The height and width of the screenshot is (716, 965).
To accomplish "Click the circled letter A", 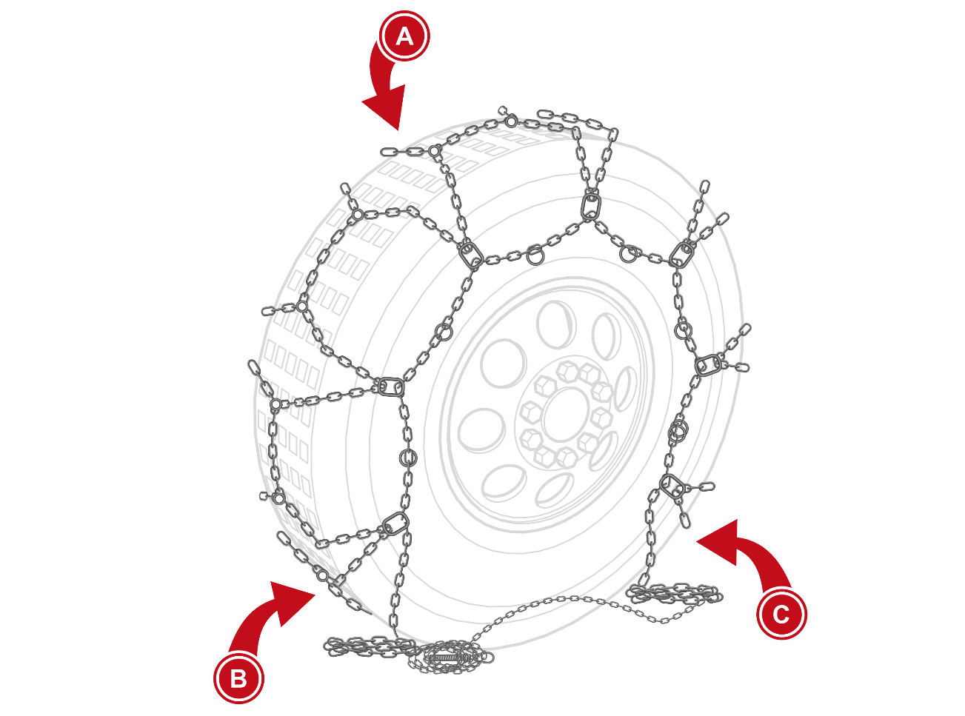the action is [404, 36].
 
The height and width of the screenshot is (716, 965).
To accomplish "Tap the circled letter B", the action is [238, 678].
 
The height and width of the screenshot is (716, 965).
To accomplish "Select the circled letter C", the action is [781, 615].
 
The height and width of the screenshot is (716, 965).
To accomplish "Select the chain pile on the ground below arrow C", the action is [674, 595].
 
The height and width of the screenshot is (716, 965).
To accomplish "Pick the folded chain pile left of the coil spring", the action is [370, 646].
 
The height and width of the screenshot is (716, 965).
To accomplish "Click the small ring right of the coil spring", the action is [488, 657].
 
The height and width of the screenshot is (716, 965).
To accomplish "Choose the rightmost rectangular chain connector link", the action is [708, 364].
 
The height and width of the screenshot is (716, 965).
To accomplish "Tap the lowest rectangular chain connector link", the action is [395, 523].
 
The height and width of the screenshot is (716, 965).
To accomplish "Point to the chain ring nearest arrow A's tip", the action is [434, 151].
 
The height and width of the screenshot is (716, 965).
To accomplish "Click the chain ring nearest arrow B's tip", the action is [322, 576].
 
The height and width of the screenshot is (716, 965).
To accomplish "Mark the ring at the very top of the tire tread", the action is [512, 121].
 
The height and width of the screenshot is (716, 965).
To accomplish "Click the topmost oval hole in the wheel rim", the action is [555, 324].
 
